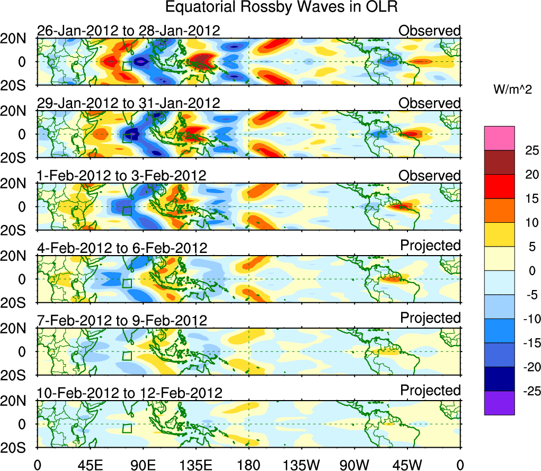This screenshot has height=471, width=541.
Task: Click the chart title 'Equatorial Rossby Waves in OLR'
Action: [x=281, y=7]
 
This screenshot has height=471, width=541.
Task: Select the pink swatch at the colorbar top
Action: [x=499, y=138]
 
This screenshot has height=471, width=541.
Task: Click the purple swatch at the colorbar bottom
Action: [x=499, y=403]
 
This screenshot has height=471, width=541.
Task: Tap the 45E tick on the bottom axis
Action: [x=90, y=465]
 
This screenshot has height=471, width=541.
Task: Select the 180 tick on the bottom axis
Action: [x=249, y=465]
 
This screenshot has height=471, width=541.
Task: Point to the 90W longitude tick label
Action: [x=354, y=465]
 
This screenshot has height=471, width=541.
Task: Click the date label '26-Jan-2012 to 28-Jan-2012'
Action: [x=128, y=31]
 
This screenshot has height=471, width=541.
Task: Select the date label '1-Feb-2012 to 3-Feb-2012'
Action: [x=121, y=176]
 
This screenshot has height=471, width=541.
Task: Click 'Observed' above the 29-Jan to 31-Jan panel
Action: [x=430, y=103]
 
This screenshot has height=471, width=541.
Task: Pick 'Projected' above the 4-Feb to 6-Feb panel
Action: [x=430, y=246]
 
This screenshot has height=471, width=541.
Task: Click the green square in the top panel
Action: [x=127, y=66]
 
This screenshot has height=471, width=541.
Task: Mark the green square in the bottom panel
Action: [x=127, y=429]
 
